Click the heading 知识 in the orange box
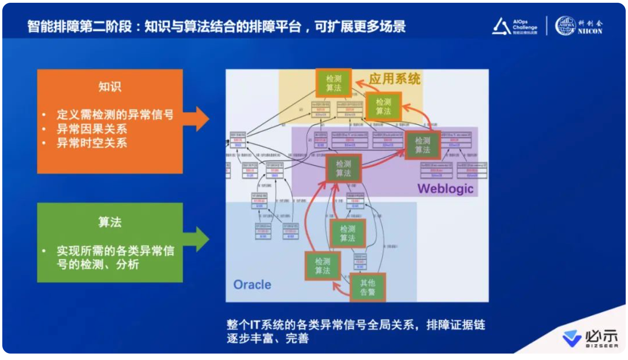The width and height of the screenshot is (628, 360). click(110, 87)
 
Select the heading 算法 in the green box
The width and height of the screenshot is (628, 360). click(110, 222)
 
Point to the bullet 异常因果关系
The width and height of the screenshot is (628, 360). click(92, 129)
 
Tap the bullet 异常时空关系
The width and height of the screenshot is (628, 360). click(92, 143)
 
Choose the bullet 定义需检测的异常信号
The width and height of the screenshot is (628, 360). click(115, 115)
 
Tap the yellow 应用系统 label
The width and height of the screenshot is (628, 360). click(395, 79)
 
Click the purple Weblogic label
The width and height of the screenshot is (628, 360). click(445, 188)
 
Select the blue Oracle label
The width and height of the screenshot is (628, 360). click(252, 284)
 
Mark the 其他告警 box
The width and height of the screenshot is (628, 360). click(367, 287)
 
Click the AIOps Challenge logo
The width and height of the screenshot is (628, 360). click(515, 27)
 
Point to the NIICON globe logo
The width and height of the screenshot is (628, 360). click(565, 26)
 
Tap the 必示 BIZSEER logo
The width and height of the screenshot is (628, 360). click(591, 338)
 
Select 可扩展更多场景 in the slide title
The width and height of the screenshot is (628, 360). click(360, 26)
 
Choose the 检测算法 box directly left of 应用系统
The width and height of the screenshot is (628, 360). click(334, 83)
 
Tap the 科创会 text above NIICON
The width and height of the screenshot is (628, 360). click(591, 23)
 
